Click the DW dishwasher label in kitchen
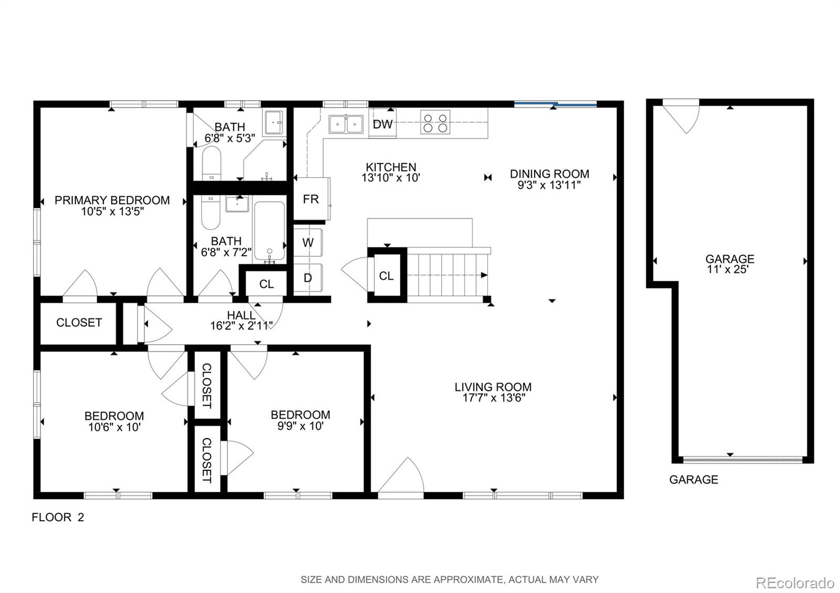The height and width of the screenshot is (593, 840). pos(383,124)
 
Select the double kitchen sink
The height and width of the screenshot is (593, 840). pos(346,124)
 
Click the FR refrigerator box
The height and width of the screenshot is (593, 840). pos(310,199)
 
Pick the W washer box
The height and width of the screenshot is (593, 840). pos(308,242)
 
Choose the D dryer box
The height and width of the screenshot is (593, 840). pos(308,278)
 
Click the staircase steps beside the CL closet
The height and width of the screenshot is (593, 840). pos(446,275)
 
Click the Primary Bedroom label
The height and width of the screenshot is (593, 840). pos(112,200)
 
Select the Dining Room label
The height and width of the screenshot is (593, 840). pos(549,174)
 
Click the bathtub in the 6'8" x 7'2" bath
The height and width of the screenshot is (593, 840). pos(269,231)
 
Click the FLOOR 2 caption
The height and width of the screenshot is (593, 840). pos(58,517)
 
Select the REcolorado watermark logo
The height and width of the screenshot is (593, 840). pos(794,583)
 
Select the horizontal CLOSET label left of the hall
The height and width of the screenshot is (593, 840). pos(79,322)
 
